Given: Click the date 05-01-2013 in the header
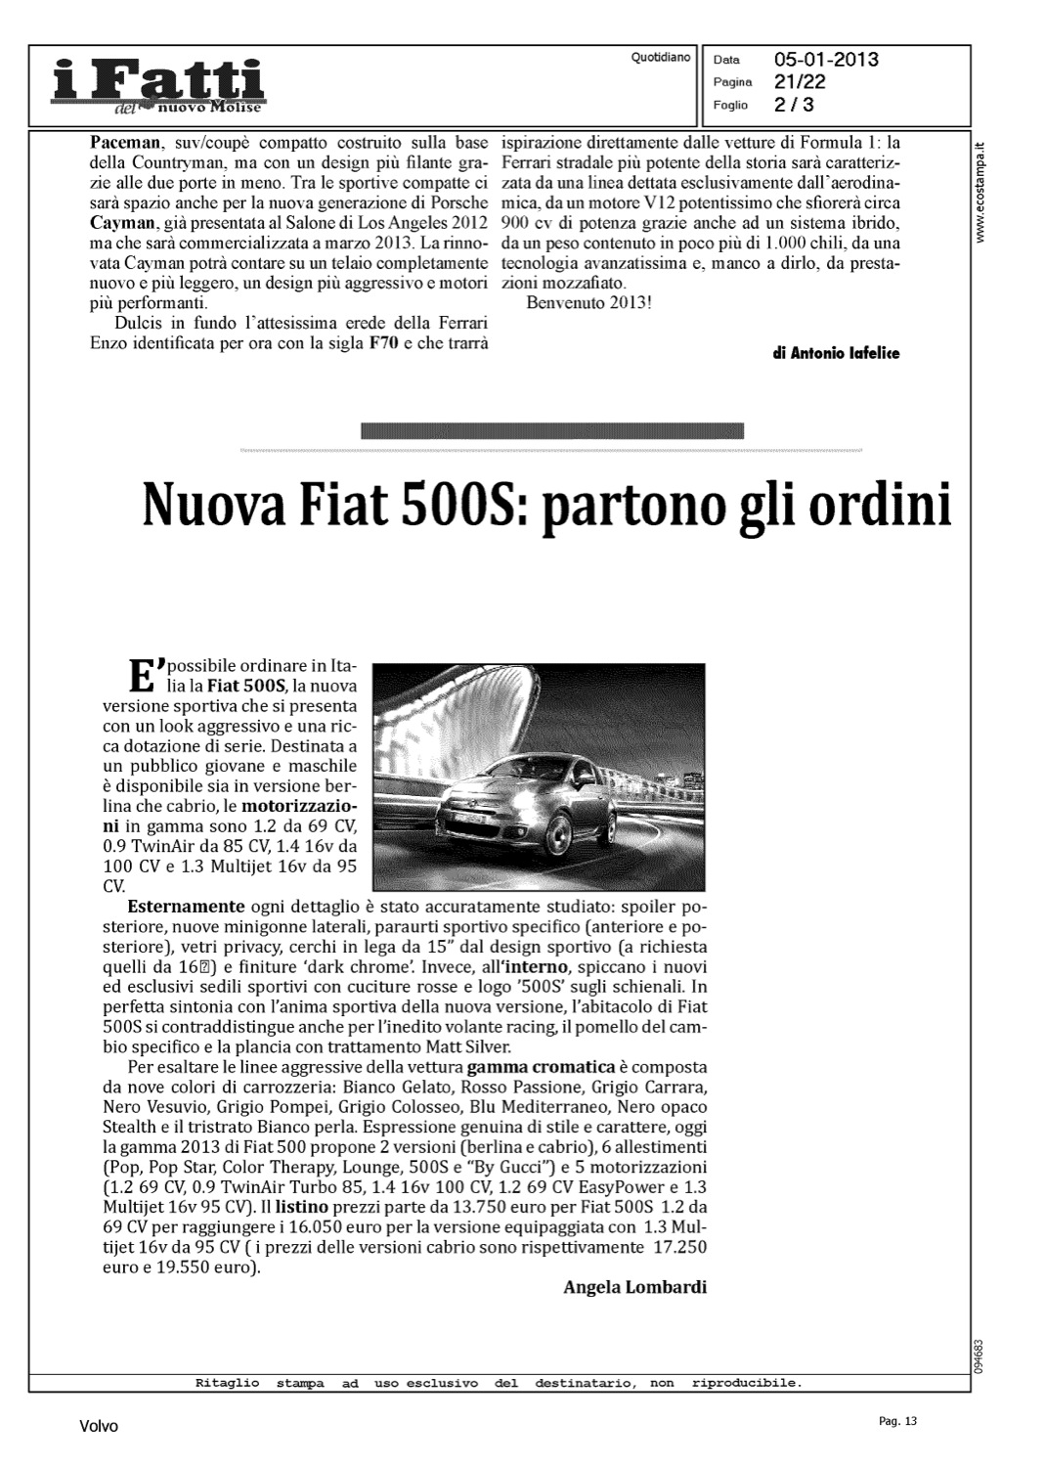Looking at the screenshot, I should pos(826,60).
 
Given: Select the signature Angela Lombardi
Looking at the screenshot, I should pos(634,1287).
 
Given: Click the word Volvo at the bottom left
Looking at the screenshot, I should pos(99,1426).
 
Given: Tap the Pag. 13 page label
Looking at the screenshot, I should pos(898,1421).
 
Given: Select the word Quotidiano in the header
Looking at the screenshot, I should pos(661,58).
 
